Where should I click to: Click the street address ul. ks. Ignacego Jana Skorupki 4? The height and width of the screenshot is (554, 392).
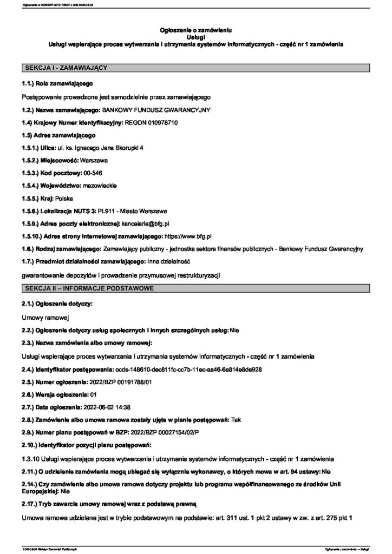(x=100, y=148)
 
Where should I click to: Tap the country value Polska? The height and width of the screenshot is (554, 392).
(x=71, y=198)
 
